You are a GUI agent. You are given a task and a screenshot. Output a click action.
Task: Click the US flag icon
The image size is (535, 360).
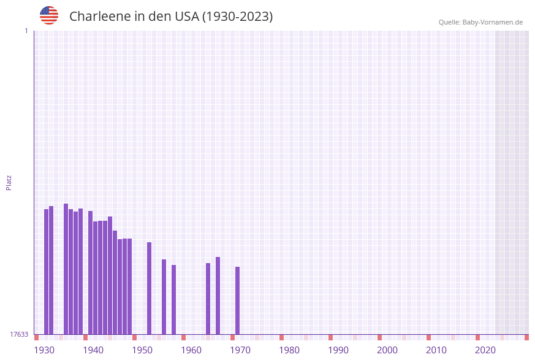pyautogui.click(x=49, y=15)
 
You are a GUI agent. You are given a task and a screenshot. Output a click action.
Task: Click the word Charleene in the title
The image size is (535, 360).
pyautogui.click(x=97, y=17)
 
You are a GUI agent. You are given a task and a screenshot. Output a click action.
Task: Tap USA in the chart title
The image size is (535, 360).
pyautogui.click(x=186, y=17)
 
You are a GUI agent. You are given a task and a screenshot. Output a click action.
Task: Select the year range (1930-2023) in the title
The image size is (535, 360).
pyautogui.click(x=237, y=17)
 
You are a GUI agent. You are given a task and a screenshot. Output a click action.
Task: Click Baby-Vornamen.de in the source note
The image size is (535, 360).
pyautogui.click(x=492, y=22)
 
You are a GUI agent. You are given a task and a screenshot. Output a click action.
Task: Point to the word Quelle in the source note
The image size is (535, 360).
pyautogui.click(x=449, y=22)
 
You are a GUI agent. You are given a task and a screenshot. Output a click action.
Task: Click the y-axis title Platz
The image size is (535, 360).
pyautogui.click(x=9, y=182)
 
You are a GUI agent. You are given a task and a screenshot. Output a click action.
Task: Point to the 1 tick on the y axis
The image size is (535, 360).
pyautogui.click(x=26, y=31)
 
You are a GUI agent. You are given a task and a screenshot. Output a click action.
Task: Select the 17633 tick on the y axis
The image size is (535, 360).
pyautogui.click(x=19, y=334)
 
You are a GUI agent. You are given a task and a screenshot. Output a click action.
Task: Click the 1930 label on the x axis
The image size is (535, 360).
pyautogui.click(x=44, y=350)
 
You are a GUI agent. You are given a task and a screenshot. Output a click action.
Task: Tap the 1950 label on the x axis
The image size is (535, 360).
pyautogui.click(x=142, y=350)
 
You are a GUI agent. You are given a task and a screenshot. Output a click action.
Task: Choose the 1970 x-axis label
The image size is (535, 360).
pyautogui.click(x=240, y=350)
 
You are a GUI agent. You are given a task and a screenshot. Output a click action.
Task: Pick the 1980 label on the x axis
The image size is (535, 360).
pyautogui.click(x=289, y=350)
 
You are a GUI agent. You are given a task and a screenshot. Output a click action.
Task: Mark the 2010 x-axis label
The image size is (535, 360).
pyautogui.click(x=436, y=350)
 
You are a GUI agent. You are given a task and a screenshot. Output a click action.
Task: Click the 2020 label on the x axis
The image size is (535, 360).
pyautogui.click(x=485, y=350)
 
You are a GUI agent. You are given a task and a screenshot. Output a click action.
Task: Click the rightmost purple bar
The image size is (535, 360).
pyautogui.click(x=237, y=301)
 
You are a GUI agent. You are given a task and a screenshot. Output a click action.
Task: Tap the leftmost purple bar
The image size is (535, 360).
pyautogui.click(x=46, y=272)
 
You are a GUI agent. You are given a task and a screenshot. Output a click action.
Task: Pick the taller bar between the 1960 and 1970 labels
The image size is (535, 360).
pyautogui.click(x=218, y=296)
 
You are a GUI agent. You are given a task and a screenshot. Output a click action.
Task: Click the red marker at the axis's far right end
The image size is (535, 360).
pyautogui.click(x=526, y=337)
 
